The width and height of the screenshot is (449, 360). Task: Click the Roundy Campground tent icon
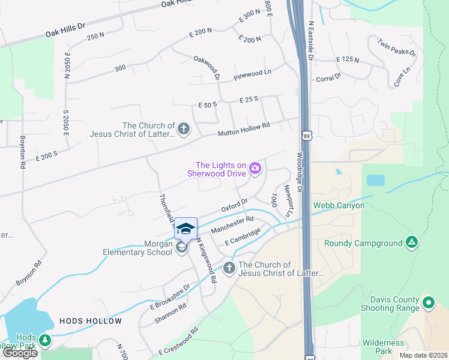pos(411,243)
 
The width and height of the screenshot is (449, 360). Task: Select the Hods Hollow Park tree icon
pos(45,341)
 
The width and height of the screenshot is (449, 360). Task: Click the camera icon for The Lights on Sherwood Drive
pos(255,169)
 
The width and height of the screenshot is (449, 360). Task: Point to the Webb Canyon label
pos(339,205)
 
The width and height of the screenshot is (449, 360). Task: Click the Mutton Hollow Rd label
pos(244,128)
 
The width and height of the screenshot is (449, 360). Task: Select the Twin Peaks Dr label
pos(397,47)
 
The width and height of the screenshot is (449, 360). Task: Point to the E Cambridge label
pos(243,236)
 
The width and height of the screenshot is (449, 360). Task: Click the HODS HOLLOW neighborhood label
pos(91,321)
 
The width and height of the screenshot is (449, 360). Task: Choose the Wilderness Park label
pos(383,347)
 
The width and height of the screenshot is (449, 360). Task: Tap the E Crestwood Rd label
pos(178,341)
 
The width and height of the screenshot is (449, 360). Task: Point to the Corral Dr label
pos(328,77)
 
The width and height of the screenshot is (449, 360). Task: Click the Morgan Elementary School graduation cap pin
pos(186,228)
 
